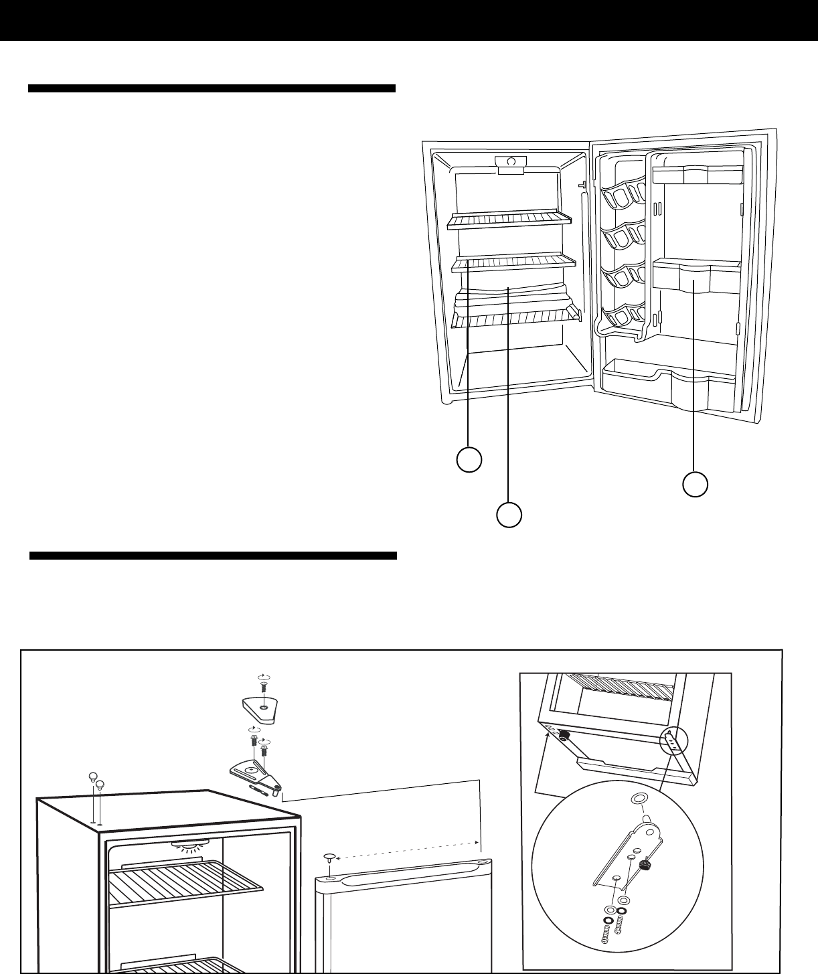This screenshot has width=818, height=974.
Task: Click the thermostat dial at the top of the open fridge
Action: point(511,162)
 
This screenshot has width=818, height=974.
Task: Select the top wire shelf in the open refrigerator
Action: point(510,220)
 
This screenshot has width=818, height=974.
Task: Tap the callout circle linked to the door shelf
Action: point(695,484)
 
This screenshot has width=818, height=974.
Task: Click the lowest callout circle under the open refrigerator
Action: point(509,515)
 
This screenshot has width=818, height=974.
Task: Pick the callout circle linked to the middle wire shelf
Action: point(469,460)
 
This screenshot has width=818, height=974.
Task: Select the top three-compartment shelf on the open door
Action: point(696,175)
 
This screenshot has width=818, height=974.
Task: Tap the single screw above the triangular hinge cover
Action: point(264,685)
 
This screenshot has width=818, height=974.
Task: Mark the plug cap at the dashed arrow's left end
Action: point(330,857)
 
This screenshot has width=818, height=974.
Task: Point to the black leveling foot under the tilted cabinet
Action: point(564,735)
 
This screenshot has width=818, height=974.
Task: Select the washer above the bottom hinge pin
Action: point(638,799)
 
